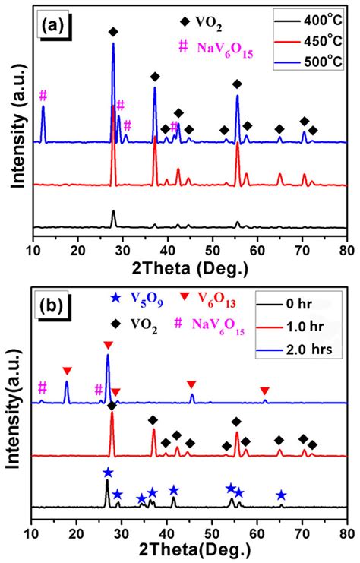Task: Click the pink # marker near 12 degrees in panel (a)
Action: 43,95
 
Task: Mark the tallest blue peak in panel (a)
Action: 113,44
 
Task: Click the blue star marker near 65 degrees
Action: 281,495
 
